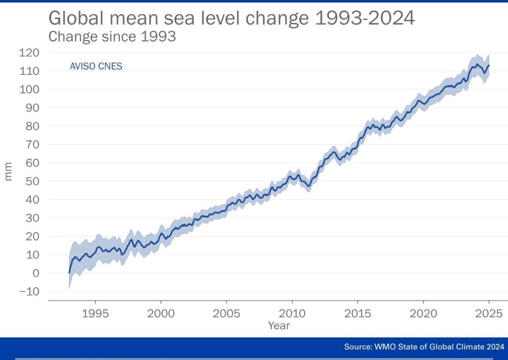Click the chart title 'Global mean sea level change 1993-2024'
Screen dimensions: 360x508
coord(231,18)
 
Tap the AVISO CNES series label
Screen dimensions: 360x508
coord(96,66)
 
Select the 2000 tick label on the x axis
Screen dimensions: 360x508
coord(161,313)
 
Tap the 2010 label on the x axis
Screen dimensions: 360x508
coord(292,313)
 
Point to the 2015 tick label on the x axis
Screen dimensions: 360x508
coord(357,313)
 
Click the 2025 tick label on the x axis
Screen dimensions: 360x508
coord(489,313)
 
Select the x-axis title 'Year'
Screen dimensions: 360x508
coord(279,326)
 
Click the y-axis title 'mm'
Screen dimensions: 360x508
coord(8,172)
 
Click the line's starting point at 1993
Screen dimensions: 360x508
coord(69,273)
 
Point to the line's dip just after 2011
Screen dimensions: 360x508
coord(309,186)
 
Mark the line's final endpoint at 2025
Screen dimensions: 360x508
coord(489,65)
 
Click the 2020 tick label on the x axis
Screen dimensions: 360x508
coord(423,313)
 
